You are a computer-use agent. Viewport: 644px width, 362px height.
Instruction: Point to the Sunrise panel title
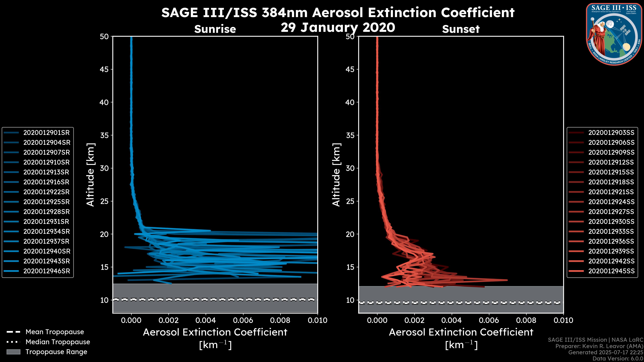215,29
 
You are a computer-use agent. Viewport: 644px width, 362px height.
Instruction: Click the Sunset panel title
461,29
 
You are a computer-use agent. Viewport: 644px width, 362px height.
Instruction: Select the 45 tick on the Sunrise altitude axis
104,69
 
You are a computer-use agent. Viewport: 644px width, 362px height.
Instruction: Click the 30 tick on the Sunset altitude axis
350,168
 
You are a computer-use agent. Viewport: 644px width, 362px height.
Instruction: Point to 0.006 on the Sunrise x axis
243,320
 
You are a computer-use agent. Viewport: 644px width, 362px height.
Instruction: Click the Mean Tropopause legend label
55,332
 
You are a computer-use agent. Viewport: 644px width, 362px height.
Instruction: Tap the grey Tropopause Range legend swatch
13,352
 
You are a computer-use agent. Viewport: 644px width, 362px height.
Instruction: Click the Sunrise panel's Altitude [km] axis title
91,175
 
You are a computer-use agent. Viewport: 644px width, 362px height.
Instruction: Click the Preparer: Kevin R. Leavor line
599,346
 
